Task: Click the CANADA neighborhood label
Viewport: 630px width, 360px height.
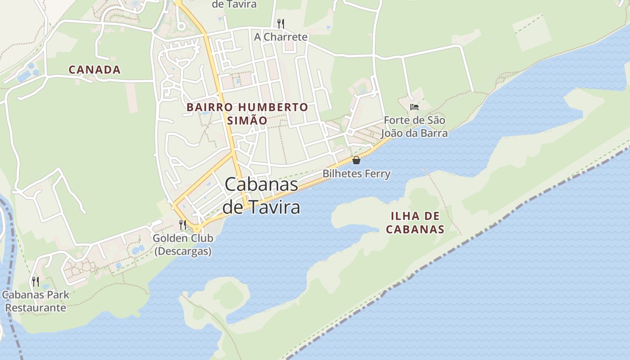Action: point(94,70)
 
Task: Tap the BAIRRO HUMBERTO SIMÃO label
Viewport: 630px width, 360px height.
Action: point(247,114)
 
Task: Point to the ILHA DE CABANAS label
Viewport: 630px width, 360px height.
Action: point(415,223)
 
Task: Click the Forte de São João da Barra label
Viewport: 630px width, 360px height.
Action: point(414,127)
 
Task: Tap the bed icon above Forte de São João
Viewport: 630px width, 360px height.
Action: point(414,107)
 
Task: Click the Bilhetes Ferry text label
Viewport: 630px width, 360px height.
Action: point(356,174)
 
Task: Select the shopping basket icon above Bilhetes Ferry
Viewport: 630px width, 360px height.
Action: point(356,160)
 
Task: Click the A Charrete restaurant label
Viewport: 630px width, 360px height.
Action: point(281,37)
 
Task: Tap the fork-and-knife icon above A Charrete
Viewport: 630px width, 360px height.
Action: point(281,23)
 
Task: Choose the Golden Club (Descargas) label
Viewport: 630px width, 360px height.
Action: point(183,244)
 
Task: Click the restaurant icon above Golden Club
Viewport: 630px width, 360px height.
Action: point(183,225)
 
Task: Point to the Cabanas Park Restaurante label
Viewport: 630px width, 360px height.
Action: point(36,301)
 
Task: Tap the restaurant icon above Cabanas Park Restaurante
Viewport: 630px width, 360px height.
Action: point(36,282)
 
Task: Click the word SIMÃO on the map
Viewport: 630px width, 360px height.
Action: point(247,121)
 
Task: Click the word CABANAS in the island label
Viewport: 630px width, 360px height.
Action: point(415,229)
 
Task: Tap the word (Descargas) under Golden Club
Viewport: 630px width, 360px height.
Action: point(183,251)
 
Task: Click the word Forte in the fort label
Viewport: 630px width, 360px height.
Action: point(396,121)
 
